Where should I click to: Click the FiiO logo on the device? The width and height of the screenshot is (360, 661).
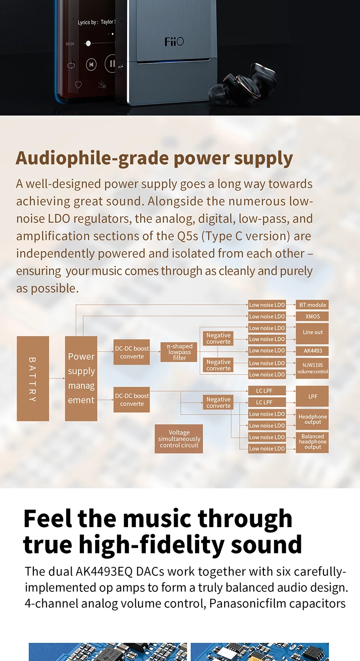[174, 42]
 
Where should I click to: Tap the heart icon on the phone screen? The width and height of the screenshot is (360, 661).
[78, 85]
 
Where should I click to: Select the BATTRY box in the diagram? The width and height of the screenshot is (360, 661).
[33, 379]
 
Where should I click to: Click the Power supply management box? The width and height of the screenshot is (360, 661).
[81, 379]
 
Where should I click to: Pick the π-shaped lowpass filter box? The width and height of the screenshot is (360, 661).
[180, 352]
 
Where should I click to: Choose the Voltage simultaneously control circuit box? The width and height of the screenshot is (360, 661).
[179, 439]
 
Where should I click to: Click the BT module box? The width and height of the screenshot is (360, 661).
[313, 305]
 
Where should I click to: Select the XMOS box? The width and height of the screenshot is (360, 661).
[313, 316]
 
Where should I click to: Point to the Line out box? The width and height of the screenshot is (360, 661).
[313, 333]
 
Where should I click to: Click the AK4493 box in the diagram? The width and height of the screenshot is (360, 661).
[313, 351]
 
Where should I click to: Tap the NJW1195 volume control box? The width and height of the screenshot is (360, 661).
[313, 368]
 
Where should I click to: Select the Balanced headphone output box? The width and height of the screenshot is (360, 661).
[313, 442]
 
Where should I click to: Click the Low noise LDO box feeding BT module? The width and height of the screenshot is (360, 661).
[267, 305]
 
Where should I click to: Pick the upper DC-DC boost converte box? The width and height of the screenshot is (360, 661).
[132, 352]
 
